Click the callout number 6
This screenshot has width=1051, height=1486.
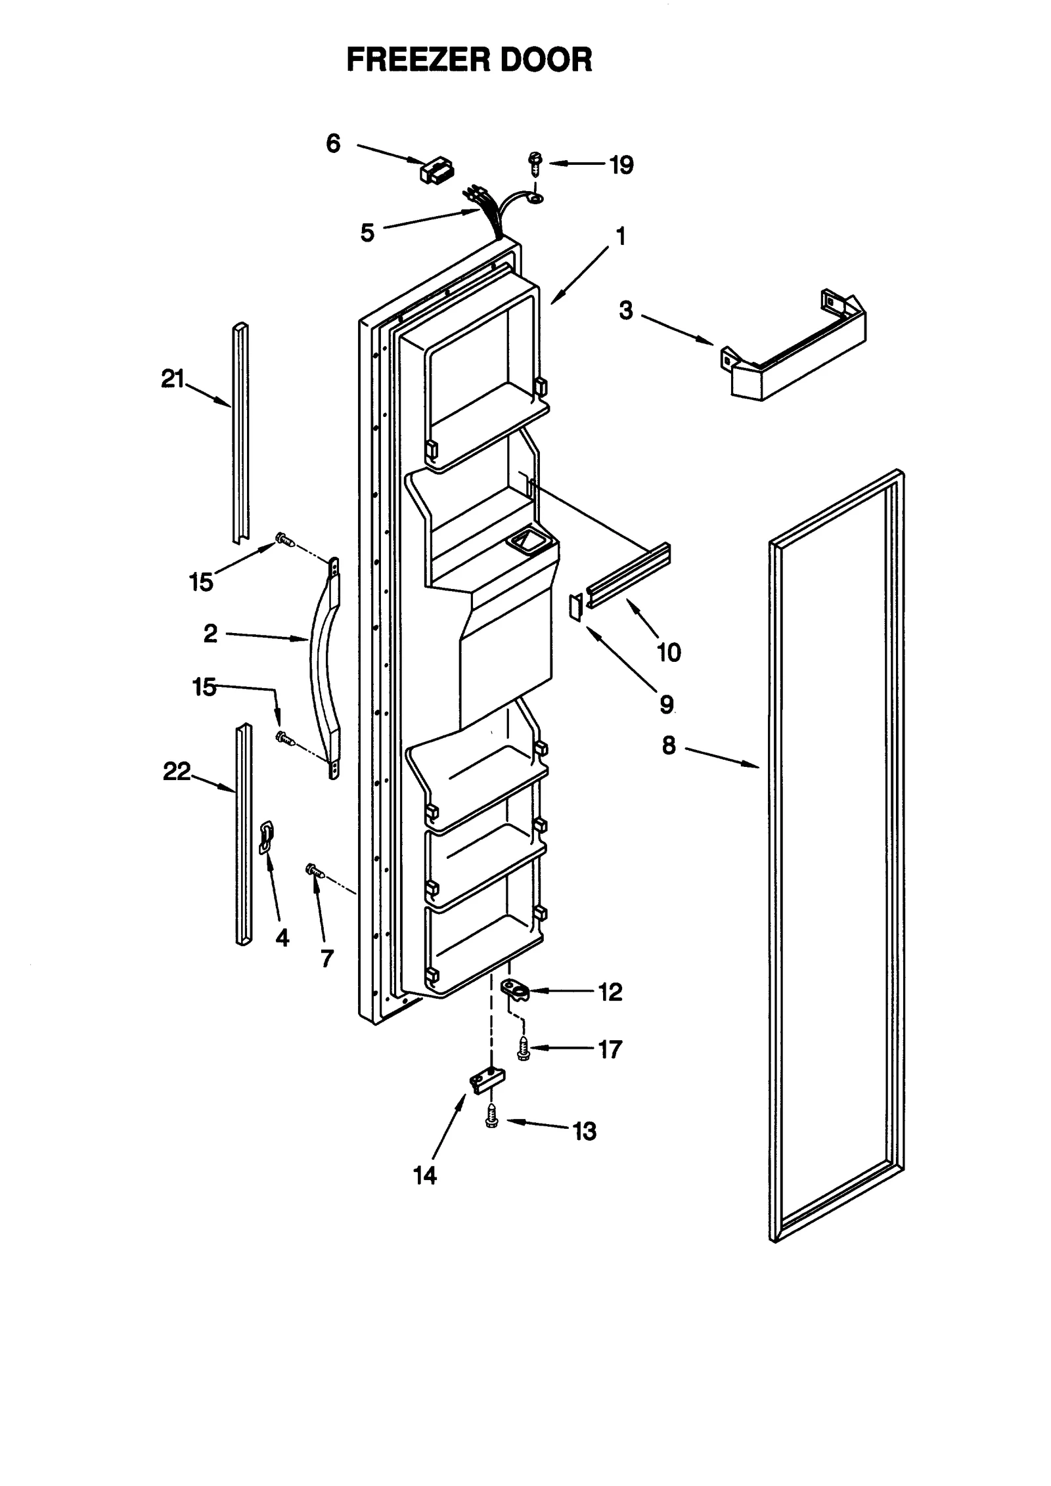click(333, 143)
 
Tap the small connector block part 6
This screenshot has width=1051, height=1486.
click(436, 170)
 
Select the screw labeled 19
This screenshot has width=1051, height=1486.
click(535, 162)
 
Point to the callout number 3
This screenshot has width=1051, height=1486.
click(625, 311)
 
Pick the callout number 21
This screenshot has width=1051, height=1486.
click(173, 379)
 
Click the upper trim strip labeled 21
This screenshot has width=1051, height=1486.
click(240, 433)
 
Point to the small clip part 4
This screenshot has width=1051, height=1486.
click(267, 839)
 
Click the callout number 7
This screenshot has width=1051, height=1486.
click(327, 959)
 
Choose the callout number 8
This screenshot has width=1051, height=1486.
click(668, 745)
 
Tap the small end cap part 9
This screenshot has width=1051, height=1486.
click(575, 606)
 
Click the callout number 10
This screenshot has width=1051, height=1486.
click(669, 653)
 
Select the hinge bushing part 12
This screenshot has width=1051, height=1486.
click(516, 1006)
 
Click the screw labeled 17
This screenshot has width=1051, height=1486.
click(524, 1049)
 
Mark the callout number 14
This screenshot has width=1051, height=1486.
click(425, 1175)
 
